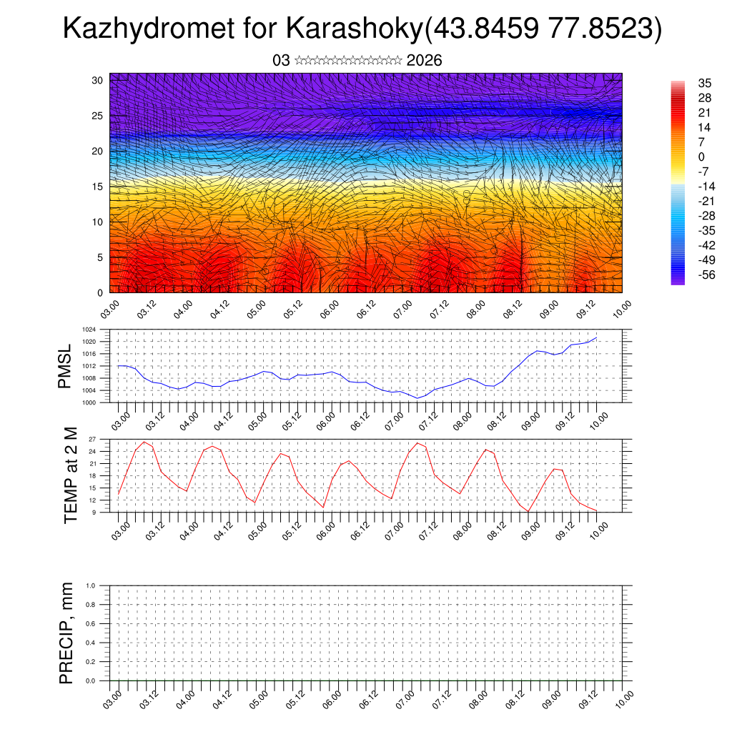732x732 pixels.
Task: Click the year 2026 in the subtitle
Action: (x=424, y=61)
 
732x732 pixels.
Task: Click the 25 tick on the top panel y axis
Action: (x=98, y=116)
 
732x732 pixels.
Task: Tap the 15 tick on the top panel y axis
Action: (x=98, y=187)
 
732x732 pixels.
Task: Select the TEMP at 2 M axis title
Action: (x=70, y=475)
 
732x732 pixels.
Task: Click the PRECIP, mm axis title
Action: (x=66, y=632)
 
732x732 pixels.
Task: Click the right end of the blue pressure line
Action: (x=596, y=337)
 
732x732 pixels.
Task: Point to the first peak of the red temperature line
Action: (x=144, y=442)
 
